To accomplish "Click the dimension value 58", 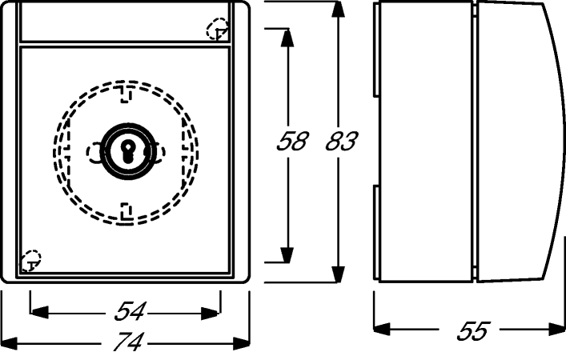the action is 292,141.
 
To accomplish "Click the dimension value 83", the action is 342,141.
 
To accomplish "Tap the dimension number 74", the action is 129,341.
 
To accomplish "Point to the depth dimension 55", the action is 473,330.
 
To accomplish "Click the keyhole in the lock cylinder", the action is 127,150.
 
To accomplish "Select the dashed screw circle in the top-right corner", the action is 217,29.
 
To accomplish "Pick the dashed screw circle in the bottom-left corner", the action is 30,261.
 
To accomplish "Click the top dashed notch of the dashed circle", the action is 125,94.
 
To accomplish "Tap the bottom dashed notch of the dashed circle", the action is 125,212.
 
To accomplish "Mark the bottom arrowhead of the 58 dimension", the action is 287,254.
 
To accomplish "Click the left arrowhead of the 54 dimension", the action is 39,313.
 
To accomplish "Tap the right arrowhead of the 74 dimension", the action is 241,343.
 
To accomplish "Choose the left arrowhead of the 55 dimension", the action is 382,329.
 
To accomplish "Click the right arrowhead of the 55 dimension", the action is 556,329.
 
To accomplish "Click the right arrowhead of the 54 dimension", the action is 211,313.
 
